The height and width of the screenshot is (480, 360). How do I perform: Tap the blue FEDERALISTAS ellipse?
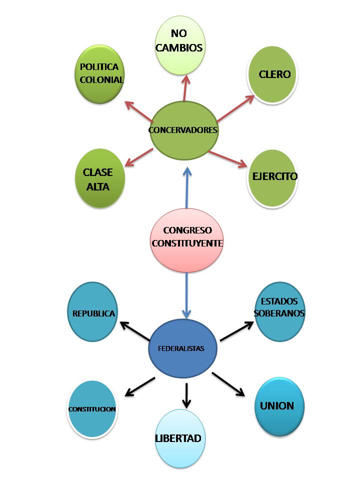pyautogui.click(x=182, y=348)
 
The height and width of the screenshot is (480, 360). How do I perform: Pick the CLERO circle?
pyautogui.click(x=273, y=75)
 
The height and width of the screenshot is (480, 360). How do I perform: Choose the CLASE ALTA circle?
pyautogui.click(x=98, y=178)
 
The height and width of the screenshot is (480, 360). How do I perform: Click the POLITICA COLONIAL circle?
pyautogui.click(x=100, y=73)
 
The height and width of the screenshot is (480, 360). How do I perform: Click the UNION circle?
pyautogui.click(x=278, y=406)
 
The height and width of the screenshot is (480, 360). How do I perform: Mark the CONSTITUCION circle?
pyautogui.click(x=92, y=409)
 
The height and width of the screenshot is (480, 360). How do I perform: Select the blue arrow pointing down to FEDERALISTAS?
pyautogui.click(x=187, y=295)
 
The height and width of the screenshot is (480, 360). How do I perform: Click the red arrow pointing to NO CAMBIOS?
pyautogui.click(x=185, y=88)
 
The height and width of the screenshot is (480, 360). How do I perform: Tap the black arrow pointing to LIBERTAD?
pyautogui.click(x=187, y=395)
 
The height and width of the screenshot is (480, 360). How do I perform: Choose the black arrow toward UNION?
pyautogui.click(x=229, y=384)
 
